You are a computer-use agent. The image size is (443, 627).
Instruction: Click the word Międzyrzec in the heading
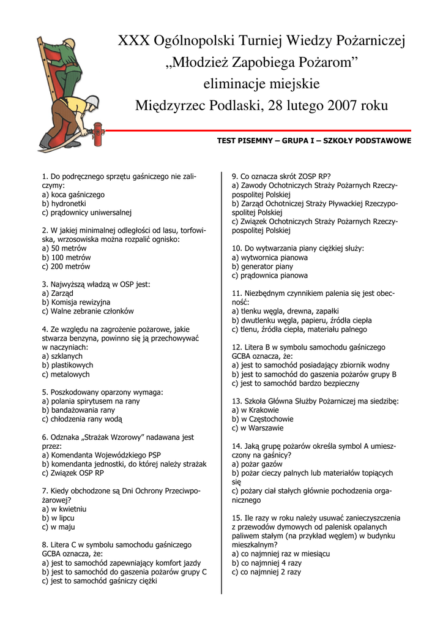click(x=166, y=105)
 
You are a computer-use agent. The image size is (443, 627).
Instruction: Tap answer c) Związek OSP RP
click(x=73, y=473)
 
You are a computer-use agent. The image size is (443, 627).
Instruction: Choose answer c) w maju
click(x=59, y=527)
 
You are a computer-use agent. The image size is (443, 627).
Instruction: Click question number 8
click(x=45, y=544)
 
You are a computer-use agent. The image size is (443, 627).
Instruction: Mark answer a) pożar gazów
click(x=258, y=464)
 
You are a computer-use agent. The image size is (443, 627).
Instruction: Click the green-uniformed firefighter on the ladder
click(x=67, y=67)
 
